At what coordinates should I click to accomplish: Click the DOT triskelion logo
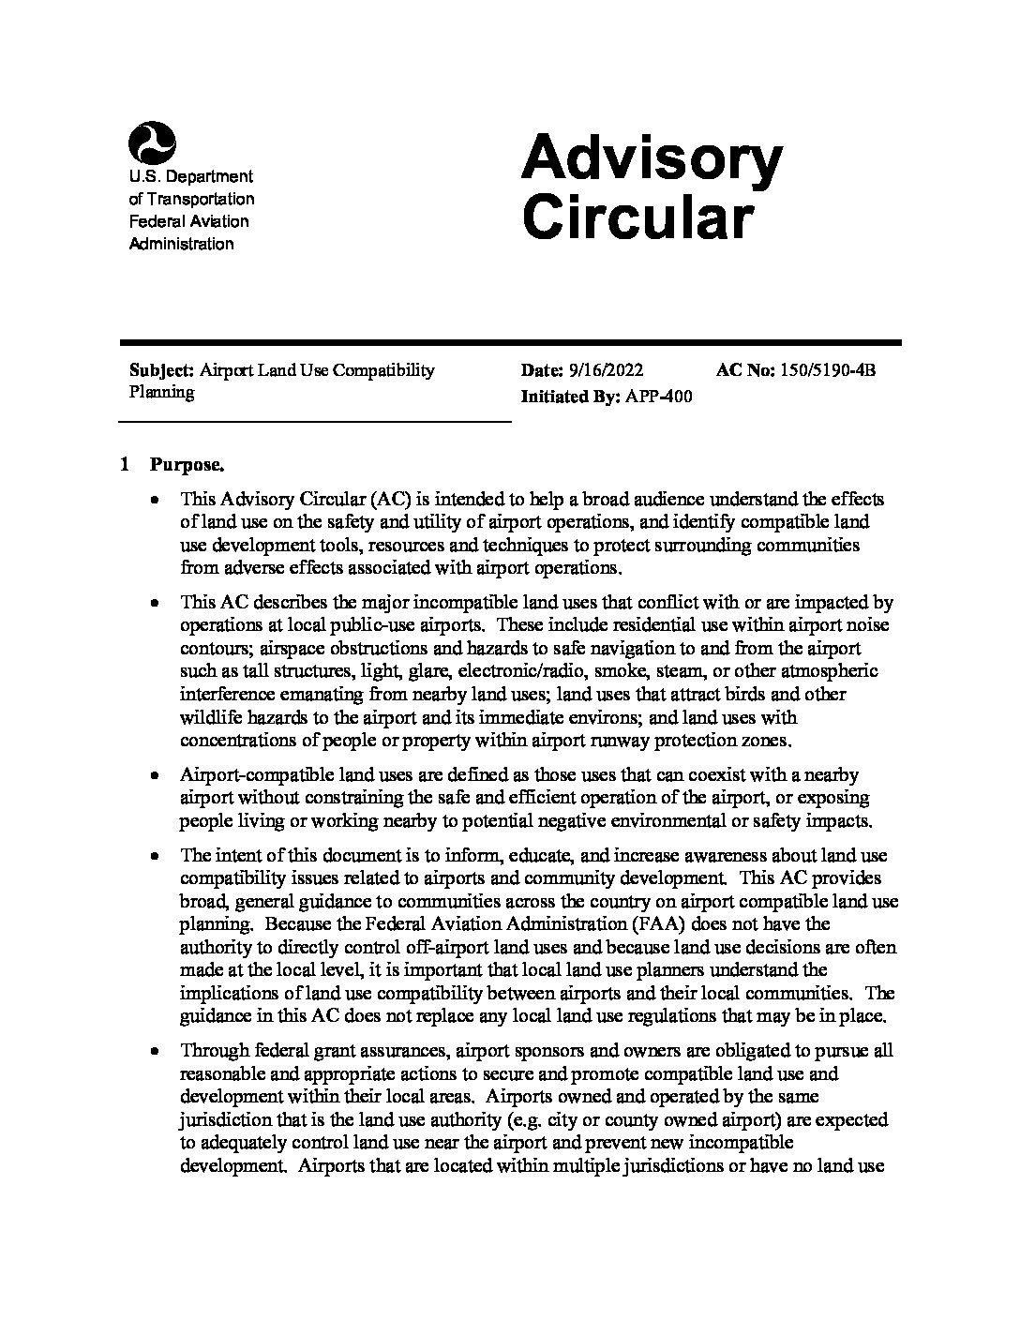click(x=152, y=142)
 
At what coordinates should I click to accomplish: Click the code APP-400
click(x=658, y=397)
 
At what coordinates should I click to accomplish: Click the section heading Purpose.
click(x=187, y=465)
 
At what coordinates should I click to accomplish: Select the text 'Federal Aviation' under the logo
click(x=188, y=221)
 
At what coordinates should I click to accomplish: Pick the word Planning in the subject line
click(x=161, y=392)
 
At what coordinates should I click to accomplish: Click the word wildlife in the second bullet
click(x=208, y=717)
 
